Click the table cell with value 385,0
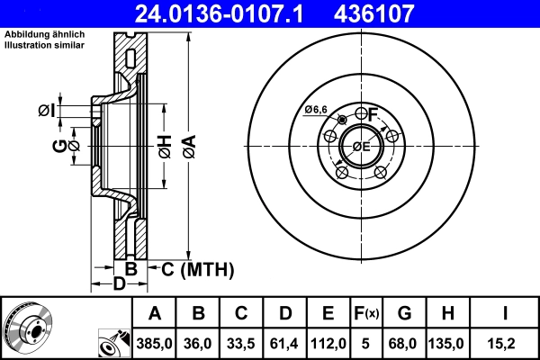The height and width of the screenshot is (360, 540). [155, 343]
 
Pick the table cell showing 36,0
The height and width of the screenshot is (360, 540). [198, 343]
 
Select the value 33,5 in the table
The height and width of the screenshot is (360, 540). [241, 343]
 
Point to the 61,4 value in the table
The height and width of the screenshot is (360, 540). [284, 343]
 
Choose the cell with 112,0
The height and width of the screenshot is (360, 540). [328, 343]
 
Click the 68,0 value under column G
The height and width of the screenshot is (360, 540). [405, 343]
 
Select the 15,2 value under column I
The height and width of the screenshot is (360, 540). [506, 343]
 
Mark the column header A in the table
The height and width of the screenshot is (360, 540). [155, 314]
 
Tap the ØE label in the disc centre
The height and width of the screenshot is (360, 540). [361, 147]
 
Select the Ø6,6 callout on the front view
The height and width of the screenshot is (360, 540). [315, 109]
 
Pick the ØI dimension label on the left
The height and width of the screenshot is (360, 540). [47, 111]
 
